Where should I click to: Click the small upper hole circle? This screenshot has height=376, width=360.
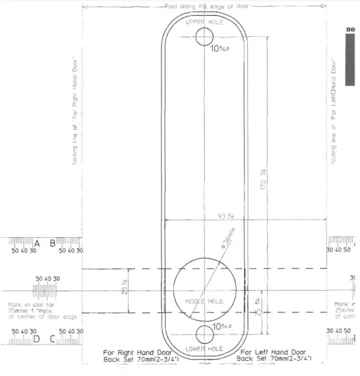pos(205,37)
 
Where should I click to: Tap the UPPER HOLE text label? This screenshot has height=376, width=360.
pos(205,22)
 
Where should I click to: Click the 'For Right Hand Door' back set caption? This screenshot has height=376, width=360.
pos(132,353)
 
